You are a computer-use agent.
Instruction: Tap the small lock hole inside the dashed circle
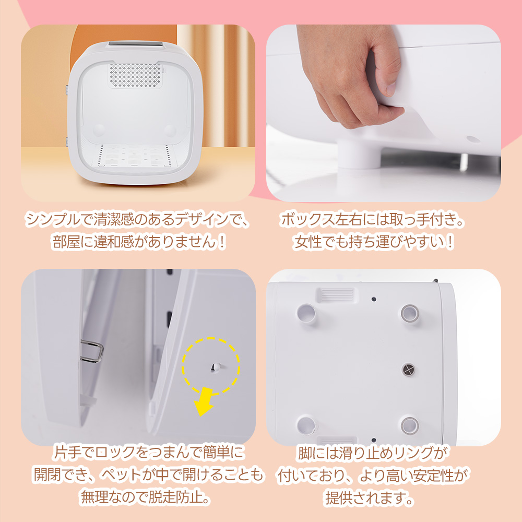click(x=215, y=367)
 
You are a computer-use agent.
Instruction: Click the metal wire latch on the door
click(x=92, y=351)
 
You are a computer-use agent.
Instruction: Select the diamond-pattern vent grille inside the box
click(x=136, y=76)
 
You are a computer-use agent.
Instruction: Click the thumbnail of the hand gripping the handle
click(x=384, y=113)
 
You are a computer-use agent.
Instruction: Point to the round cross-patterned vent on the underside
click(x=409, y=369)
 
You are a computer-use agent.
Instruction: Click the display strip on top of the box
click(x=135, y=44)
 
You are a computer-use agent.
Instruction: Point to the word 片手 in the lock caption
click(x=67, y=452)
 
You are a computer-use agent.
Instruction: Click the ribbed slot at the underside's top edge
click(x=335, y=294)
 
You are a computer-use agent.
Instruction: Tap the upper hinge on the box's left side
click(x=67, y=89)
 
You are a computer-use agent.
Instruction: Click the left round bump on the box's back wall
click(x=99, y=130)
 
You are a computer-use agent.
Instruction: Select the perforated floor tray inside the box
click(x=134, y=155)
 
